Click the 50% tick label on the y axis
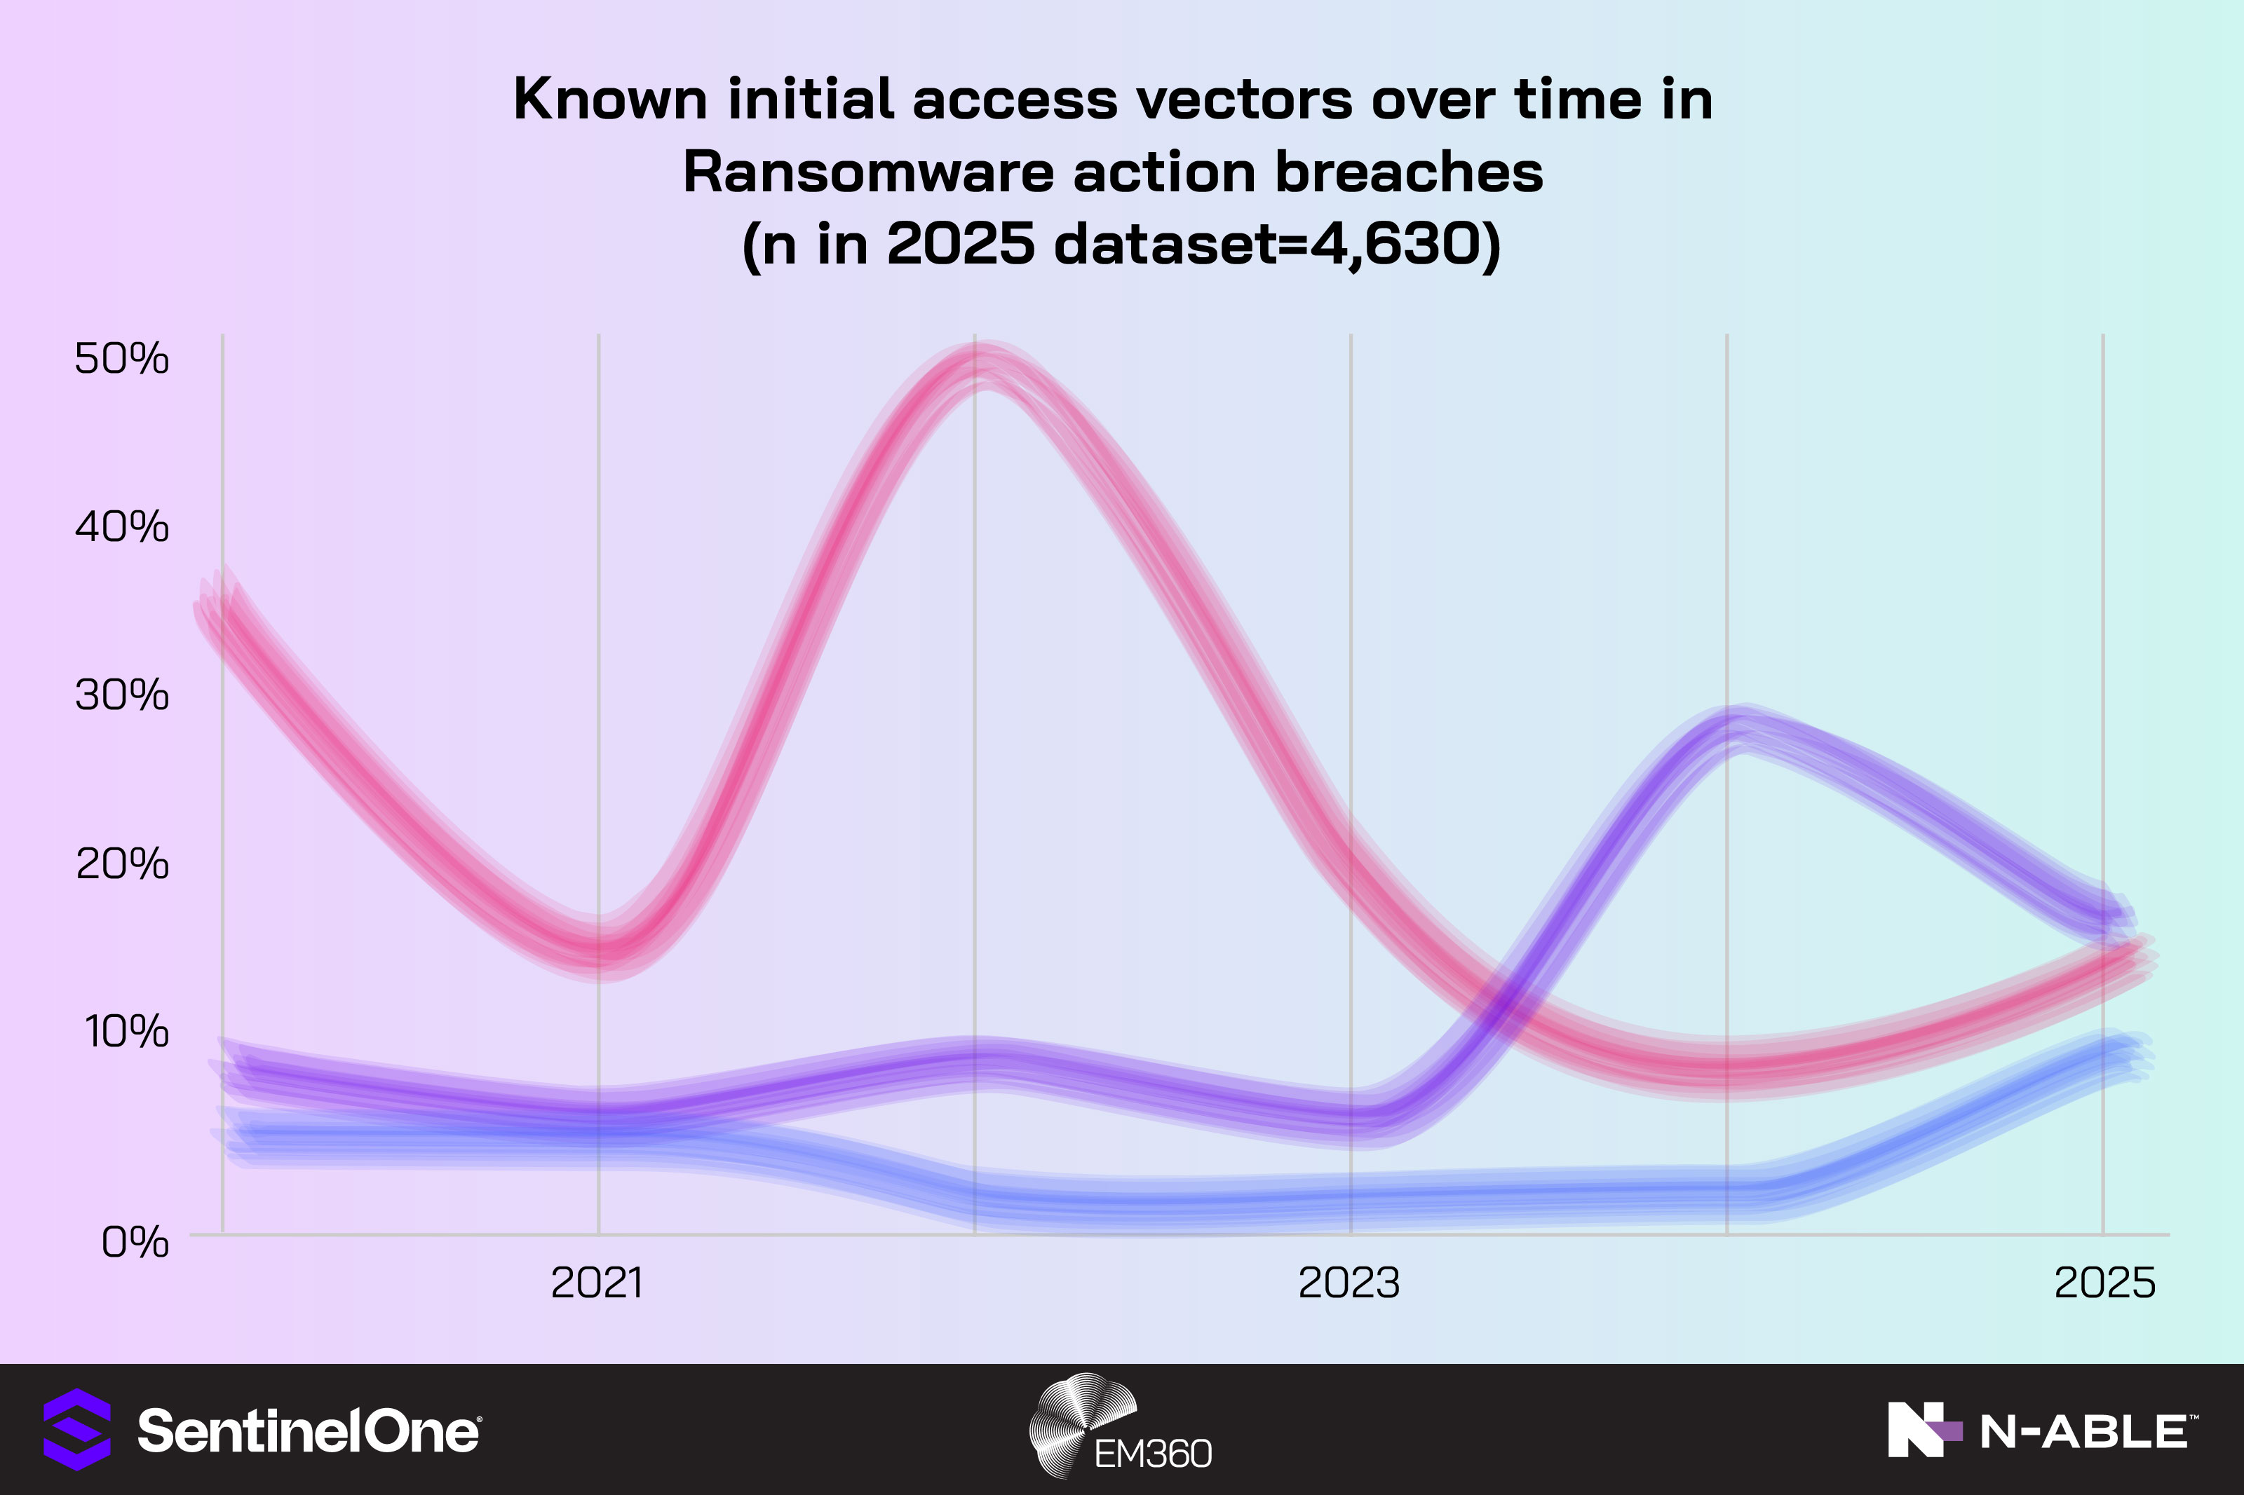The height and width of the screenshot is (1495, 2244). point(122,360)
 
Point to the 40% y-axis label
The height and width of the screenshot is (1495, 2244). point(122,527)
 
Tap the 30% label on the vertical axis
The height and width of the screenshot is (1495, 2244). point(122,695)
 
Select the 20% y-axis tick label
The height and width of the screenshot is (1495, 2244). point(122,863)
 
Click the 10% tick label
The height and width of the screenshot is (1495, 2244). point(126,1032)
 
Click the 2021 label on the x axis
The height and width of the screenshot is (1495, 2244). point(597,1283)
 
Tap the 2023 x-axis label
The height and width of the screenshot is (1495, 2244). point(1349,1283)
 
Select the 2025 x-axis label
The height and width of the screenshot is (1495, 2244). point(2104,1283)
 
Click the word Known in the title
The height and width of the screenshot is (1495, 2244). point(610,98)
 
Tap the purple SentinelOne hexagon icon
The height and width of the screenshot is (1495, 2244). point(77,1429)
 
